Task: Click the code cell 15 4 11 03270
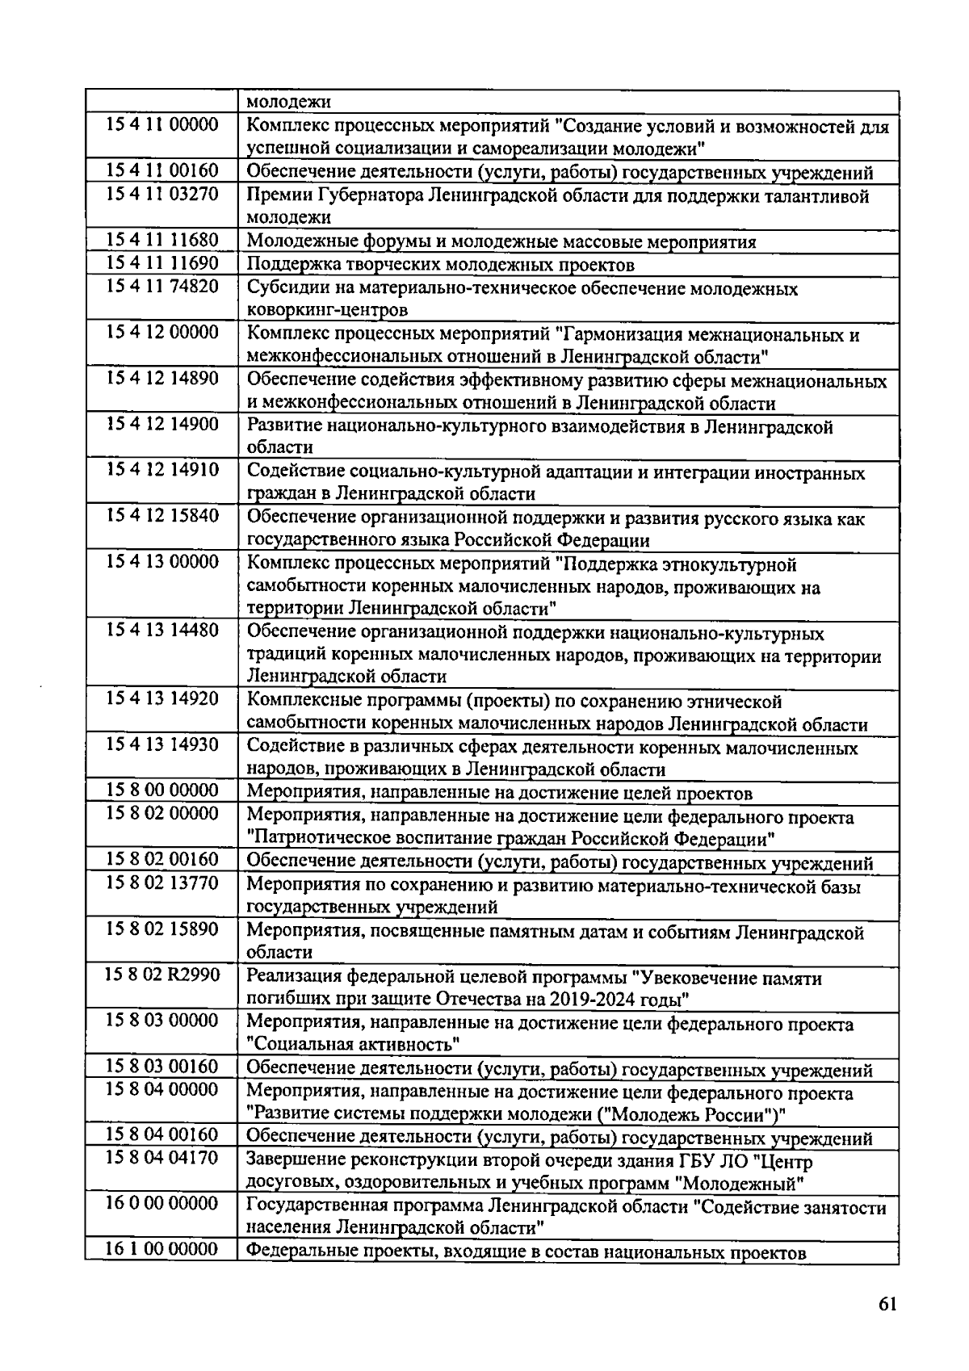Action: pos(161,195)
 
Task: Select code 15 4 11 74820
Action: pos(161,287)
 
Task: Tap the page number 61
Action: pos(887,1306)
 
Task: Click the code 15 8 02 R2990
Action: pos(161,975)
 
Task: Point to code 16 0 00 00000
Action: pos(161,1204)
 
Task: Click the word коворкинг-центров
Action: pos(327,310)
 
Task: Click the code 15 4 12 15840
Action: pos(161,516)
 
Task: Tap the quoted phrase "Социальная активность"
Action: pos(353,1046)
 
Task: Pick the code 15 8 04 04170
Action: pos(161,1158)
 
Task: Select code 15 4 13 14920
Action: pos(161,699)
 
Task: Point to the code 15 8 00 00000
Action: pos(161,790)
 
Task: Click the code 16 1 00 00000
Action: pos(161,1250)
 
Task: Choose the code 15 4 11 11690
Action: pos(161,263)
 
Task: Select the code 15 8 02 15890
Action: pos(161,929)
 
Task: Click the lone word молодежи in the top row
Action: pos(288,103)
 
